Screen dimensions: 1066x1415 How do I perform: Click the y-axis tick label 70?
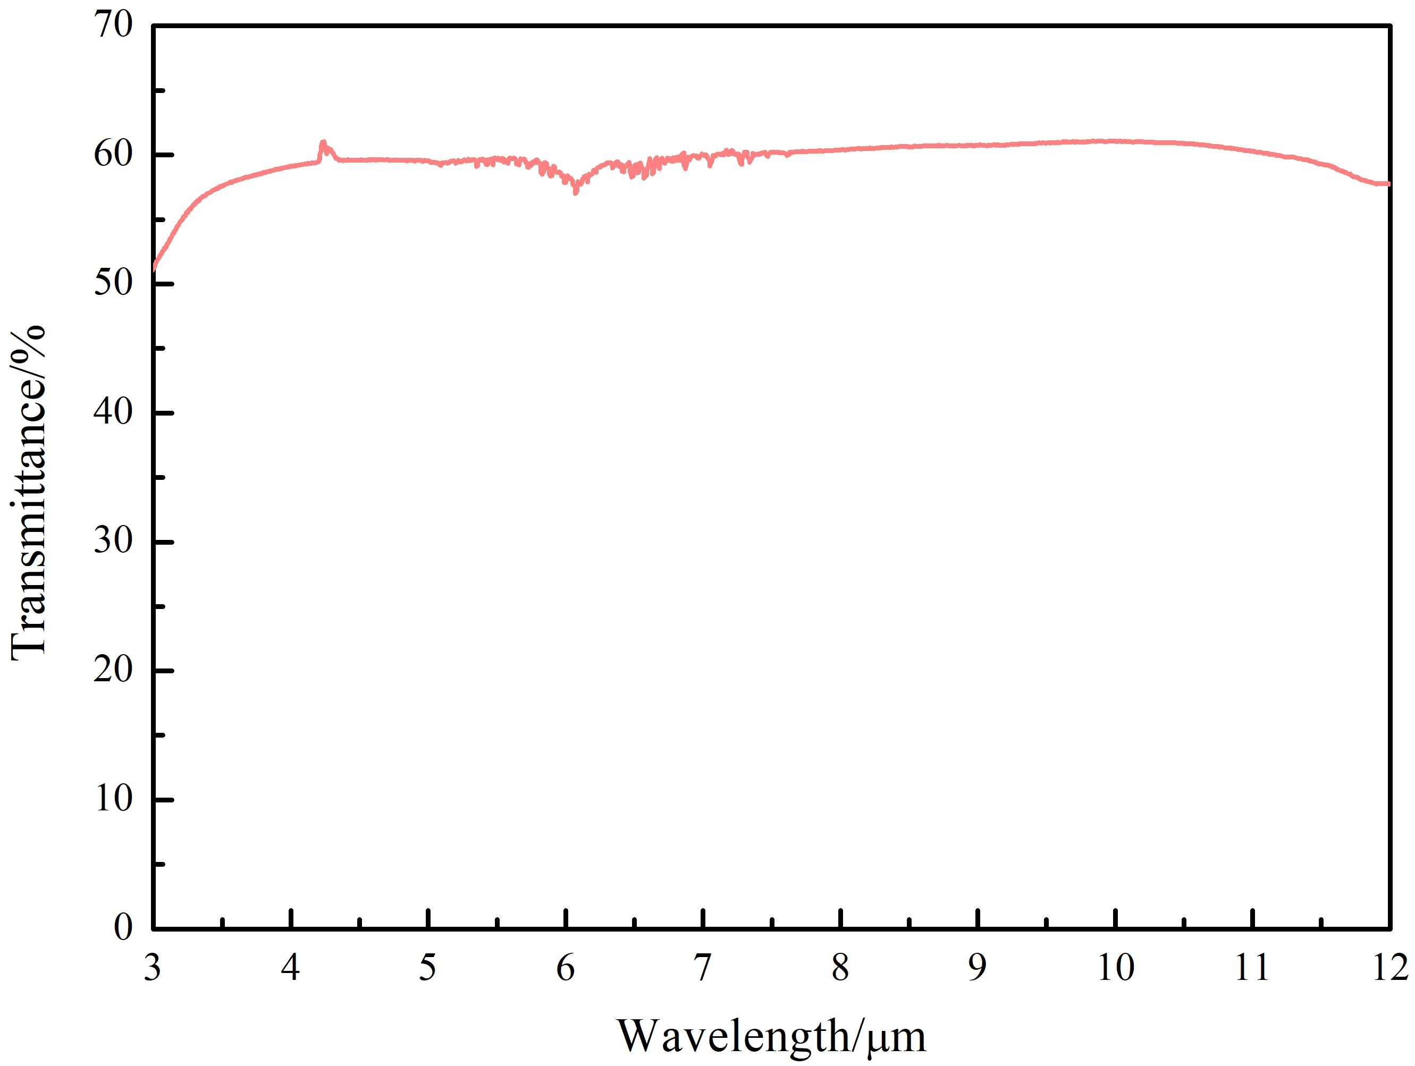pyautogui.click(x=113, y=26)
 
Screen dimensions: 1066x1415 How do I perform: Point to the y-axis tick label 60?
pyautogui.click(x=113, y=154)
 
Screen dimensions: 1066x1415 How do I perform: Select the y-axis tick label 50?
pyautogui.click(x=113, y=283)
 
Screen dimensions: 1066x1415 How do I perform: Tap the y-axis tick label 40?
pyautogui.click(x=113, y=412)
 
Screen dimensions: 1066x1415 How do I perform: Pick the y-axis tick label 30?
pyautogui.click(x=113, y=542)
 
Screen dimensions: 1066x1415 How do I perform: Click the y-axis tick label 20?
pyautogui.click(x=113, y=670)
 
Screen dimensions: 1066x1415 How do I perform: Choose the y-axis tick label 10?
pyautogui.click(x=113, y=799)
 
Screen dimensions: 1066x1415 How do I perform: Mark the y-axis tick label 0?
pyautogui.click(x=123, y=928)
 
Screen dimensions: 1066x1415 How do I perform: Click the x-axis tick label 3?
pyautogui.click(x=152, y=968)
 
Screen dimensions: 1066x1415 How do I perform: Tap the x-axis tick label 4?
pyautogui.click(x=290, y=968)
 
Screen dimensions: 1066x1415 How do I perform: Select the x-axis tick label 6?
pyautogui.click(x=566, y=968)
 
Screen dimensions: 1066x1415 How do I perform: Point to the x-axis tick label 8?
pyautogui.click(x=840, y=968)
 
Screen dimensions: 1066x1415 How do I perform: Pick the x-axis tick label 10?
pyautogui.click(x=1116, y=968)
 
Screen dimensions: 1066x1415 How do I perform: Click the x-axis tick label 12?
pyautogui.click(x=1389, y=968)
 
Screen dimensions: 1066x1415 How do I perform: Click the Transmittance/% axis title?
pyautogui.click(x=28, y=493)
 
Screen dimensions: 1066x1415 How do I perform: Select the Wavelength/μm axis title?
pyautogui.click(x=771, y=1037)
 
